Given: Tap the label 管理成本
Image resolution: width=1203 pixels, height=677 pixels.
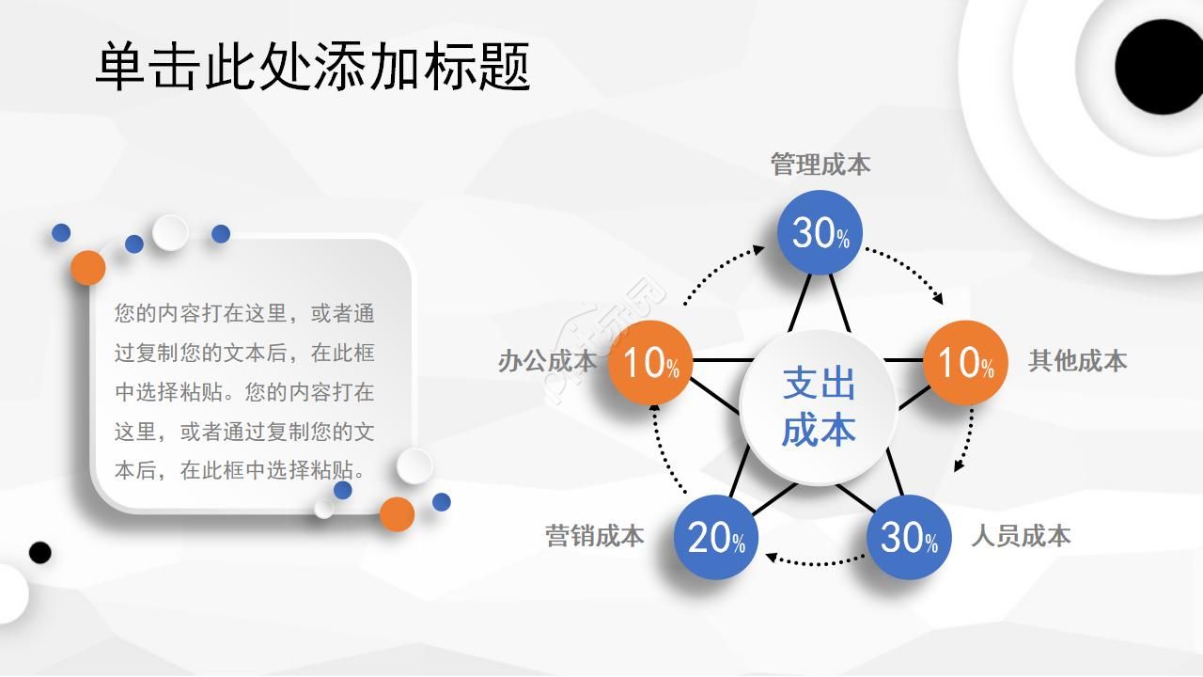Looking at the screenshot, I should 820,165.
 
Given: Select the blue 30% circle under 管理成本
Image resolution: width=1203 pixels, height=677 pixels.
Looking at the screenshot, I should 820,232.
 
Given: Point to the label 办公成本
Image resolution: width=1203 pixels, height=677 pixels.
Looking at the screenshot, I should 547,361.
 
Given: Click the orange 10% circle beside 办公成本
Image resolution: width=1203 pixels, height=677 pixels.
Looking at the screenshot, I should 650,363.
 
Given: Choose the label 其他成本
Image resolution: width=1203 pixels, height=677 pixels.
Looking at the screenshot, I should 1077,361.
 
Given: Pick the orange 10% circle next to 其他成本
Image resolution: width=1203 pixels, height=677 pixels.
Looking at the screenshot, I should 965,363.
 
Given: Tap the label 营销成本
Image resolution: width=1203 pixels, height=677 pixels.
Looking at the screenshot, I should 595,536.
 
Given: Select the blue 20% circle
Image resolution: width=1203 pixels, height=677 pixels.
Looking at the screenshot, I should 716,537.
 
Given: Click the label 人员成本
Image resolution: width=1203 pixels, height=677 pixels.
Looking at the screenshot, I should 1021,536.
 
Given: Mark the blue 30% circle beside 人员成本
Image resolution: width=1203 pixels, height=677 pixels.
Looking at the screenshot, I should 909,537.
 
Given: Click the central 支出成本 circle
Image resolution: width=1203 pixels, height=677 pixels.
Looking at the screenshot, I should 819,408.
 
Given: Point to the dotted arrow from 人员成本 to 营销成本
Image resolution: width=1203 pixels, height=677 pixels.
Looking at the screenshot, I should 814,562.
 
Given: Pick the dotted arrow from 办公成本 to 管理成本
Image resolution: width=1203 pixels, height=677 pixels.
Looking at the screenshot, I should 719,273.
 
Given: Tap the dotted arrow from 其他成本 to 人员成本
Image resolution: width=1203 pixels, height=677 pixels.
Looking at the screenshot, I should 968,439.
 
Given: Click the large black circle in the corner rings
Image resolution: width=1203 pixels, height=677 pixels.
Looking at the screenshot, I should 1158,67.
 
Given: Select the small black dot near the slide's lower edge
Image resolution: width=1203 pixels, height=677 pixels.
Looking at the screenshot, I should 39,552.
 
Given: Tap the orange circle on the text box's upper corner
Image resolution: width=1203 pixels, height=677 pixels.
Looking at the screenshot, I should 88,268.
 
